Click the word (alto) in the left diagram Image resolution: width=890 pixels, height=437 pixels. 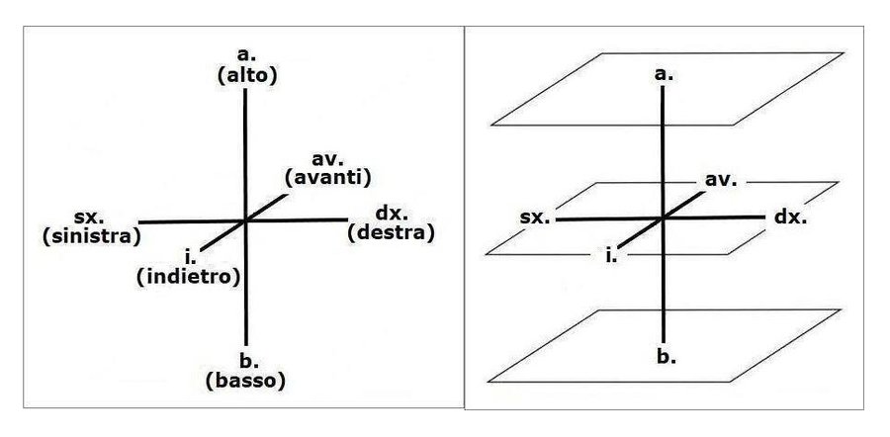pos(243,75)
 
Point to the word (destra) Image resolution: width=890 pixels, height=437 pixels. pos(392,233)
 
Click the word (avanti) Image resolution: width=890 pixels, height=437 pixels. pos(326,178)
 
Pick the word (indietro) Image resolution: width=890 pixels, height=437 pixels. pos(188,277)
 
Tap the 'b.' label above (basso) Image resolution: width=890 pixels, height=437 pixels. pos(244,361)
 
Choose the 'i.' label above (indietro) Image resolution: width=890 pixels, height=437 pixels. pos(188,258)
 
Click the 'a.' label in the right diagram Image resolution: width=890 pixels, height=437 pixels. pos(664,74)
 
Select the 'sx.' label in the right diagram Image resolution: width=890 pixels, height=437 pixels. pos(535,216)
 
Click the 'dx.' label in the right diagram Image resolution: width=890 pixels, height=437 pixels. pos(791,216)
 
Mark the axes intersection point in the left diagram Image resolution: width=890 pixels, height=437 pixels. pos(244,220)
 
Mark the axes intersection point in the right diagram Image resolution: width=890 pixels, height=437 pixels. pos(664,218)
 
